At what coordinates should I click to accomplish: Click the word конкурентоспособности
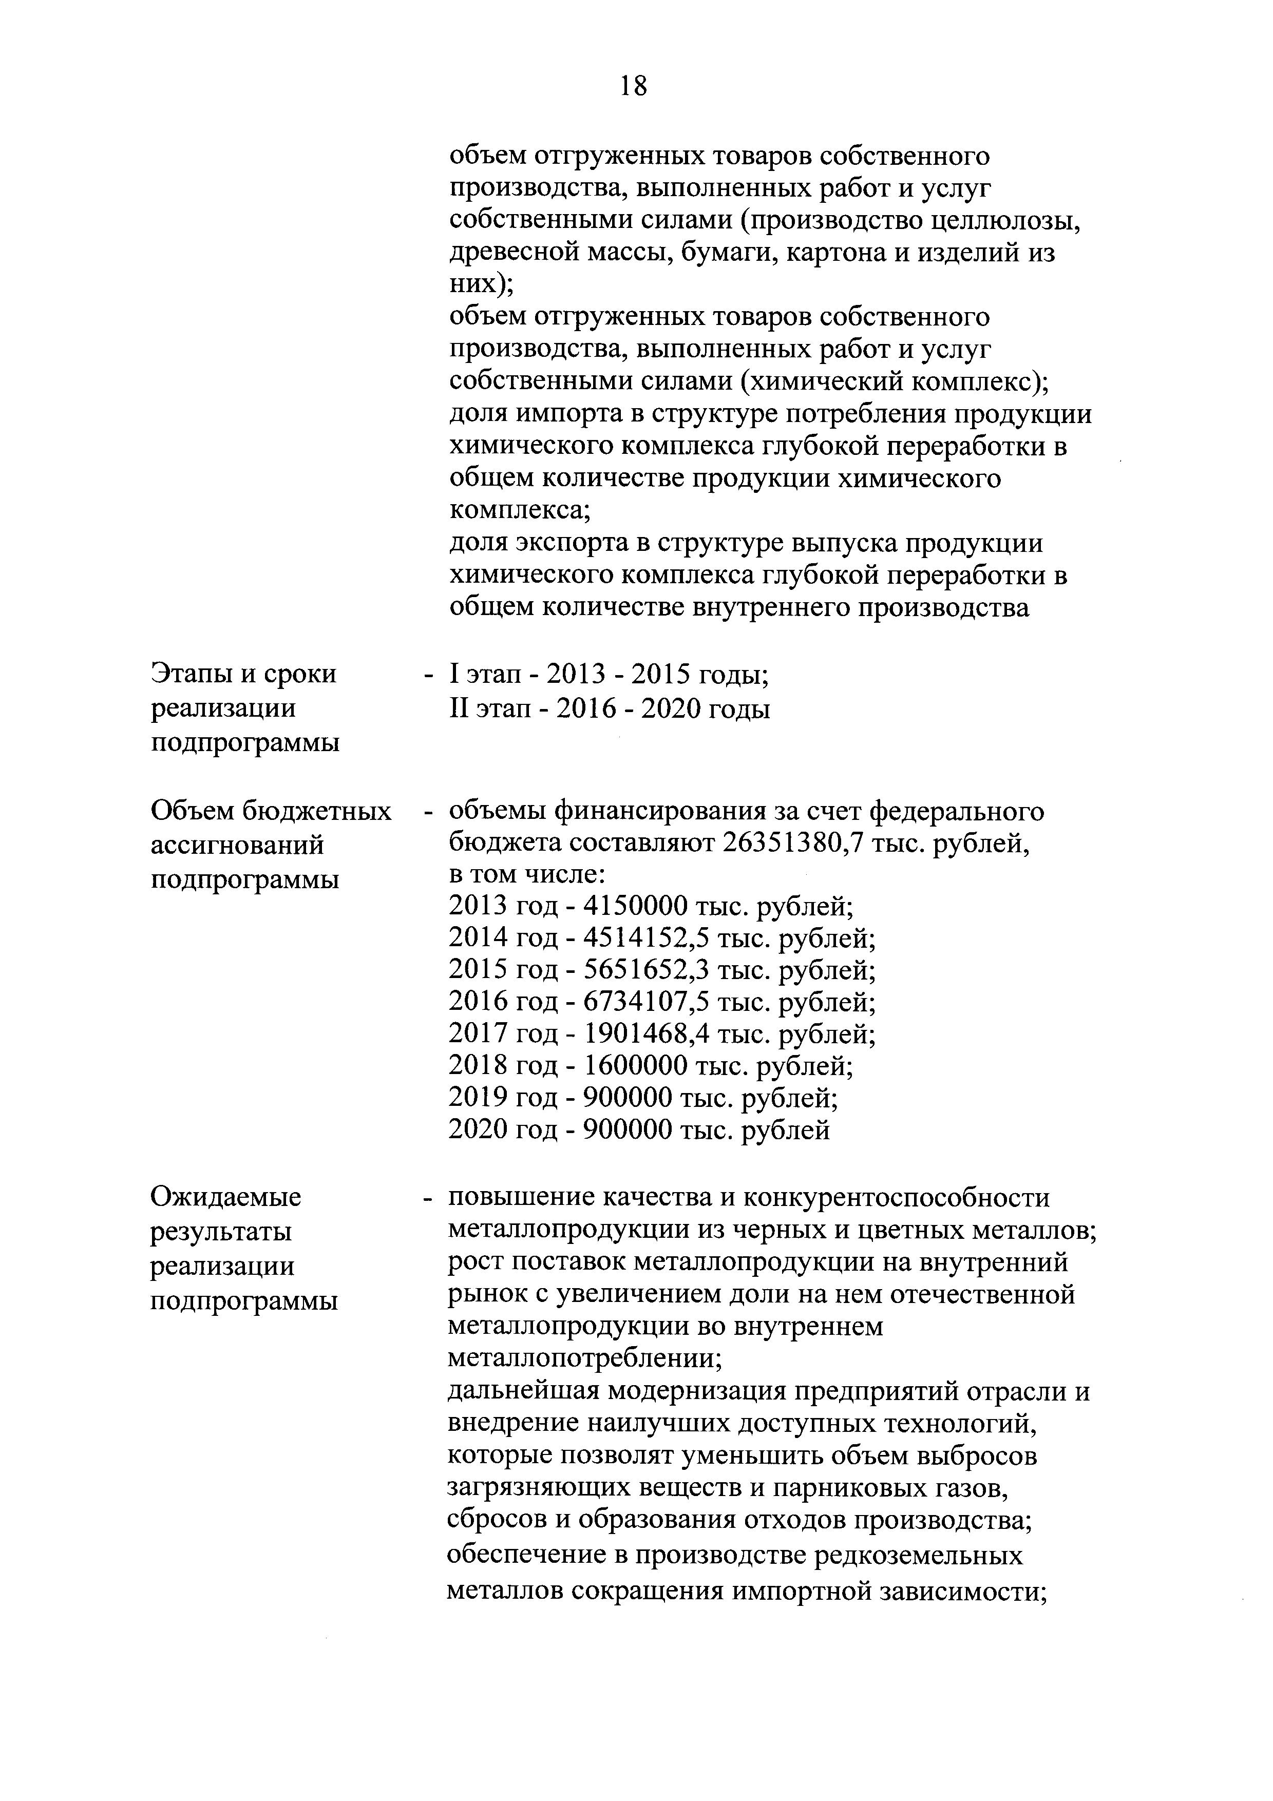pyautogui.click(x=896, y=1198)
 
